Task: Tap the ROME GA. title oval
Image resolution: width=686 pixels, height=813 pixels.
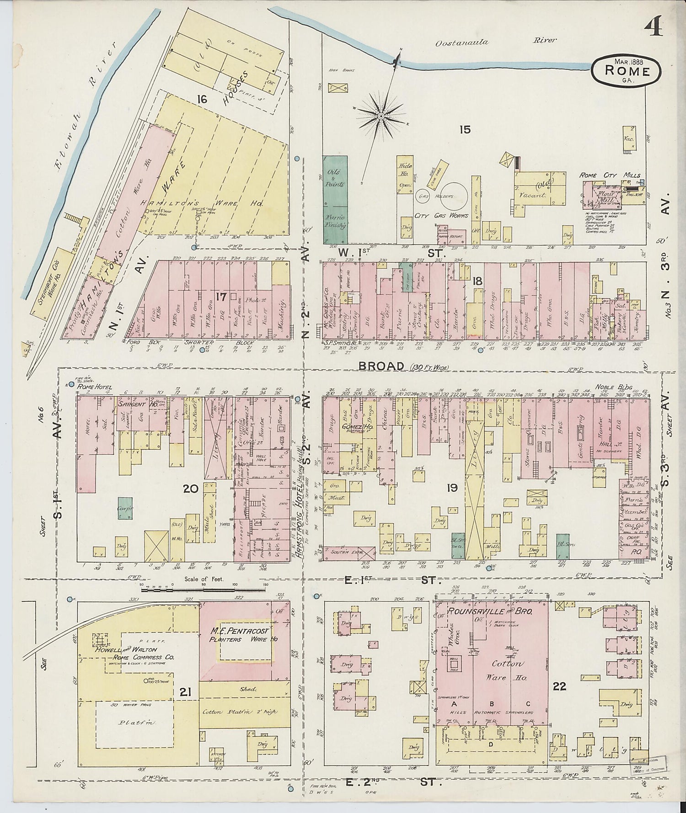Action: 627,69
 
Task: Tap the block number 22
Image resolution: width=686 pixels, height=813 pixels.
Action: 559,686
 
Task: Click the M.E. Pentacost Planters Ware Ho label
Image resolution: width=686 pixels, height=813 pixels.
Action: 245,635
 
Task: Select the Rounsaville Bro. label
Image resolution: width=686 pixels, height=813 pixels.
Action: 484,611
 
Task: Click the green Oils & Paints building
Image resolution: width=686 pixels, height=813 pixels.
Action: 335,199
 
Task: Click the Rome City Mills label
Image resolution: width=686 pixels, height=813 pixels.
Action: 610,175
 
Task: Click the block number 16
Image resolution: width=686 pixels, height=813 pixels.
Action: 203,98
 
